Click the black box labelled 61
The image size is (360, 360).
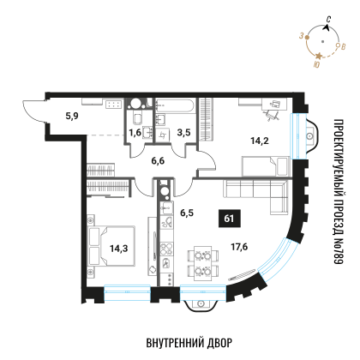pyautogui.click(x=229, y=219)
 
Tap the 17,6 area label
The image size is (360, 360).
pyautogui.click(x=239, y=247)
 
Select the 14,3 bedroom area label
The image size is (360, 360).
pyautogui.click(x=119, y=249)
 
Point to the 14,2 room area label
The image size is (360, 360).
pyautogui.click(x=260, y=141)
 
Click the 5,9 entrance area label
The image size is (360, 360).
pyautogui.click(x=72, y=116)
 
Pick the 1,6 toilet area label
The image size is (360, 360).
pyautogui.click(x=135, y=133)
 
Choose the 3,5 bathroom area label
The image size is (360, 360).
pyautogui.click(x=183, y=133)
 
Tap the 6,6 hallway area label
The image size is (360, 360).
pyautogui.click(x=158, y=161)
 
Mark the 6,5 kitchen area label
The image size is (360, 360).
pyautogui.click(x=187, y=213)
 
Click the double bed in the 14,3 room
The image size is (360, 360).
pyautogui.click(x=112, y=246)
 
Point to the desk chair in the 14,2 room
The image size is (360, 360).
pyautogui.click(x=270, y=115)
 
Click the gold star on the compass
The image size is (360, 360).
pyautogui.click(x=319, y=56)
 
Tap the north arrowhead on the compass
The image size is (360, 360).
pyautogui.click(x=327, y=27)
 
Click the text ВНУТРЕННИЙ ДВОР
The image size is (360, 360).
pyautogui.click(x=189, y=343)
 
